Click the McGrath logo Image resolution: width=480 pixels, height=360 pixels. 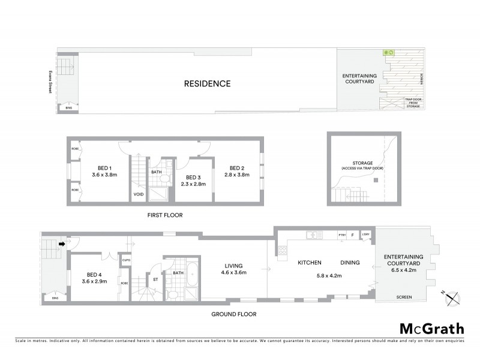(431, 328)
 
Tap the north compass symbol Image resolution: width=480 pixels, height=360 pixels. (453, 297)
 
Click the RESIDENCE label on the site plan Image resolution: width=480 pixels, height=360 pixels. (206, 83)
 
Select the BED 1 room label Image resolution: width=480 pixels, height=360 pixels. (105, 168)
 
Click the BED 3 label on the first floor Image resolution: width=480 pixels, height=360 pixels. (192, 178)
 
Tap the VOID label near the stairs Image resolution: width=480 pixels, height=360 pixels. (139, 194)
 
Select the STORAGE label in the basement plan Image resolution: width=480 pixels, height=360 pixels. (363, 163)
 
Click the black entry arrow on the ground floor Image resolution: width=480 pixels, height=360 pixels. (61, 244)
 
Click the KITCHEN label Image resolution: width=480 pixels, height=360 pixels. (310, 263)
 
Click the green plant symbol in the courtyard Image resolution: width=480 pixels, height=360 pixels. (388, 53)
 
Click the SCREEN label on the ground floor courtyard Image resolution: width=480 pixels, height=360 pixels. (403, 297)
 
